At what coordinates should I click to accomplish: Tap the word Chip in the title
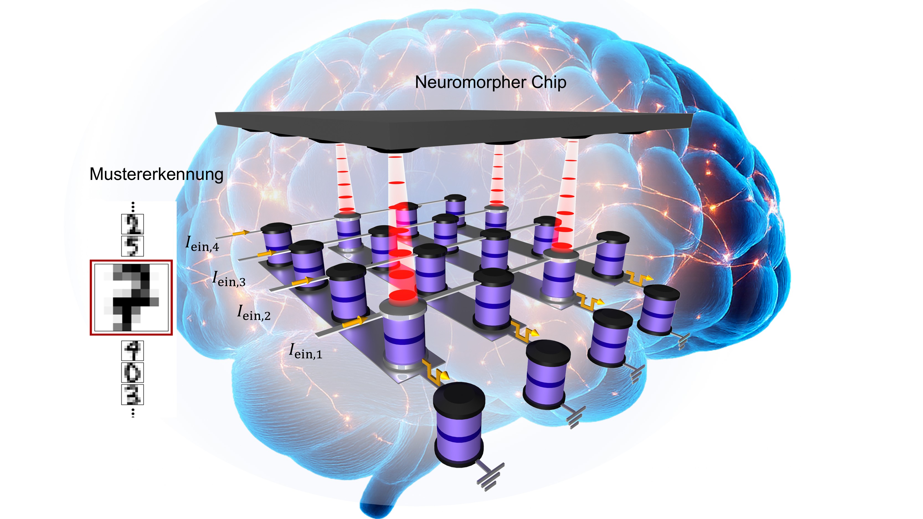(x=549, y=83)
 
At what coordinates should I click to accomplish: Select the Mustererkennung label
(x=156, y=174)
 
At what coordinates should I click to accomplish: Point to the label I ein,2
(x=254, y=312)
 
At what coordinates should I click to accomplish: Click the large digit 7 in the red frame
(x=131, y=297)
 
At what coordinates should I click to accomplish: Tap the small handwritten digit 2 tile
(x=133, y=224)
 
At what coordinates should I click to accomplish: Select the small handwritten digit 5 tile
(x=133, y=246)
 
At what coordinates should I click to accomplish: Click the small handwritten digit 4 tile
(x=133, y=350)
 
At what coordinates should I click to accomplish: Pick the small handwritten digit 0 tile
(x=133, y=373)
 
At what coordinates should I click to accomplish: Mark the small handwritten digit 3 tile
(x=133, y=394)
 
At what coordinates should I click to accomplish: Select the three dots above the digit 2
(x=133, y=207)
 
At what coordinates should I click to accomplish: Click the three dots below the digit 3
(x=133, y=412)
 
